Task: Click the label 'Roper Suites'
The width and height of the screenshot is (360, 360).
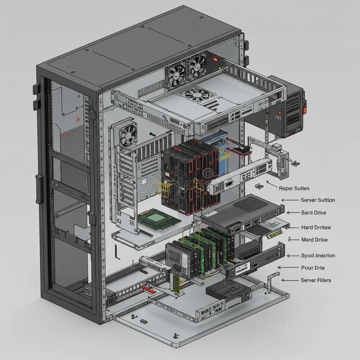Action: (294, 189)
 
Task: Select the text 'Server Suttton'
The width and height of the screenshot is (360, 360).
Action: (318, 200)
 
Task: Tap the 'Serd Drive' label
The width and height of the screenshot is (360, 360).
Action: (314, 212)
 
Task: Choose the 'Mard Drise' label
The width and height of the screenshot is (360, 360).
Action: (315, 240)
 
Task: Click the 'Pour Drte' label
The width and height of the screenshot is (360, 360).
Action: (312, 267)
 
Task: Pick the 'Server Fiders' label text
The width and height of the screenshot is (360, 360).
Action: (316, 280)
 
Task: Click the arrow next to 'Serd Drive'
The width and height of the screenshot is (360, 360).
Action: (293, 212)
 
